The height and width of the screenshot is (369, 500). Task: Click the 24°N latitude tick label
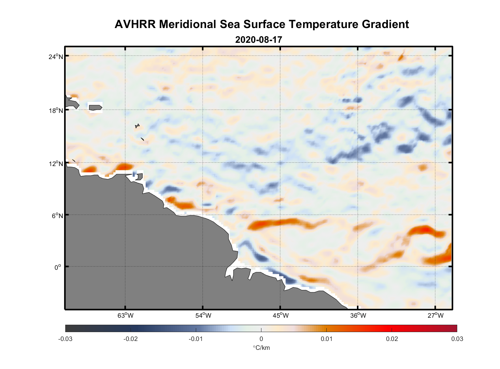(56, 56)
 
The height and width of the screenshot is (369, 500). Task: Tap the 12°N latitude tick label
(56, 163)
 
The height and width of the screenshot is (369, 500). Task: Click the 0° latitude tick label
(58, 267)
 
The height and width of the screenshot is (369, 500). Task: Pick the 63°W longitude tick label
(125, 315)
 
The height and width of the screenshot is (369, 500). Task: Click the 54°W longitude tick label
(203, 315)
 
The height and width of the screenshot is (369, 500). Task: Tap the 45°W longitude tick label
(281, 315)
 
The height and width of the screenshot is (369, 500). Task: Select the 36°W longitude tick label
(358, 315)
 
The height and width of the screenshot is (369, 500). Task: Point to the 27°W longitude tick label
(435, 315)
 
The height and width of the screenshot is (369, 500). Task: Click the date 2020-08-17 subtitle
(258, 40)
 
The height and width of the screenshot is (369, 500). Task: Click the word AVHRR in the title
(135, 24)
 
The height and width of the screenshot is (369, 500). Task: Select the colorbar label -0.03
(65, 339)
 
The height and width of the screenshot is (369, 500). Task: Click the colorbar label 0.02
(392, 339)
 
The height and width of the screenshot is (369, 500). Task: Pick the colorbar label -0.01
(195, 339)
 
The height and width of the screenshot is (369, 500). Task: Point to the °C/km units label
(261, 348)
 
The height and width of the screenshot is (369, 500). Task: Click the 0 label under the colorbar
(261, 339)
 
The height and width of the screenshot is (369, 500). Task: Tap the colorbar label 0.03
(457, 339)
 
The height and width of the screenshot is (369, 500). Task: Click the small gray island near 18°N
(95, 107)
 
